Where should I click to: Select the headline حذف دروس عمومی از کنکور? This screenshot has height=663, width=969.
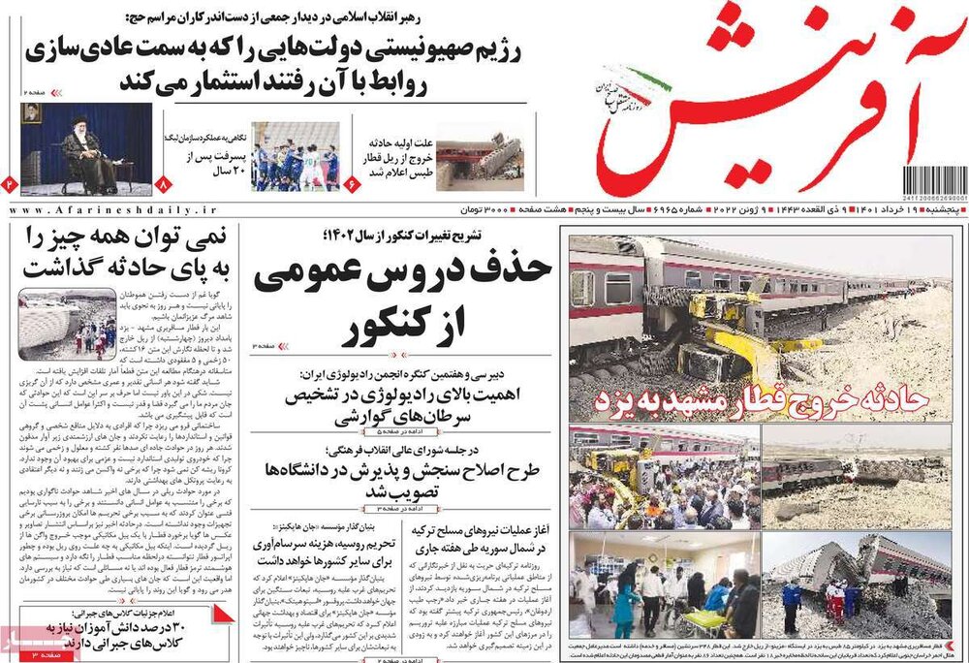pyautogui.click(x=402, y=297)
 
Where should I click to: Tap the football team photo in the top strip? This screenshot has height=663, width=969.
pyautogui.click(x=296, y=155)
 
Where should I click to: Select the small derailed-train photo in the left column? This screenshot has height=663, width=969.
pyautogui.click(x=67, y=319)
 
